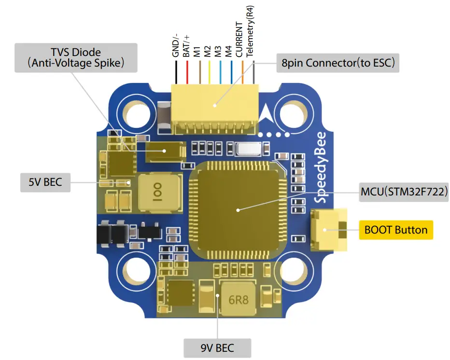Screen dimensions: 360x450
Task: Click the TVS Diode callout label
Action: (x=76, y=57)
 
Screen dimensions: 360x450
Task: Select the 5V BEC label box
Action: (x=45, y=182)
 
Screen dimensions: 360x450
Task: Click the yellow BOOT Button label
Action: (x=396, y=229)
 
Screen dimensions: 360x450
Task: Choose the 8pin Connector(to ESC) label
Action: (x=337, y=63)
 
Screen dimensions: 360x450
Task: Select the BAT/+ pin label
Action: (x=186, y=46)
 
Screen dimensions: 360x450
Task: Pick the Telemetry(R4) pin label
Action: (x=249, y=31)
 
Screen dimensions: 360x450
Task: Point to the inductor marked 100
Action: (x=160, y=193)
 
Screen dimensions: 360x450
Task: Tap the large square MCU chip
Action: (x=238, y=209)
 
